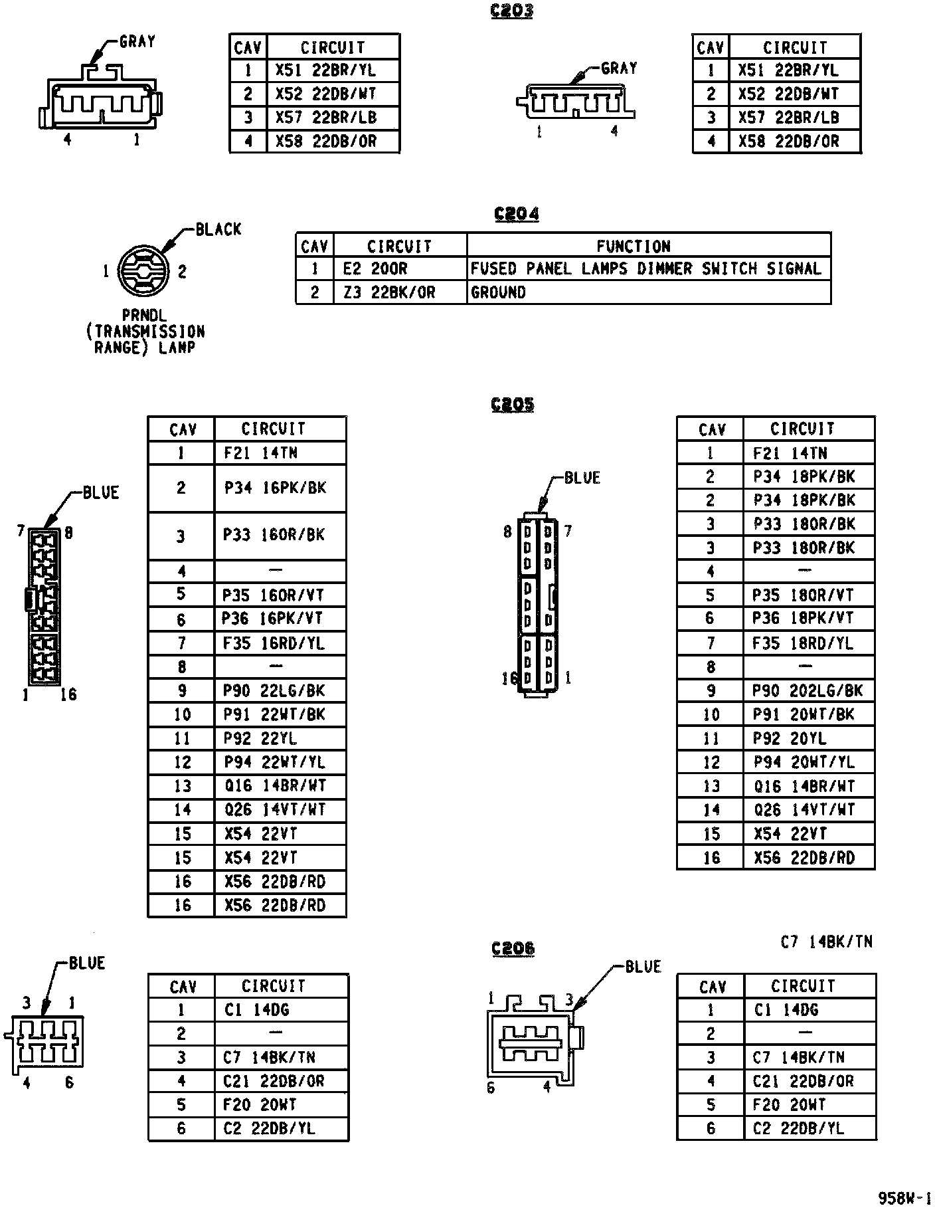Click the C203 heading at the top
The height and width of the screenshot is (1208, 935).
(x=511, y=11)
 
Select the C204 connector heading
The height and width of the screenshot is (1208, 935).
(x=516, y=214)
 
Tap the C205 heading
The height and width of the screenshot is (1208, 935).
(x=512, y=405)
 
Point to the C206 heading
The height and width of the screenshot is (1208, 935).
(x=513, y=948)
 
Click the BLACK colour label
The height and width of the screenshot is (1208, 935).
(x=218, y=230)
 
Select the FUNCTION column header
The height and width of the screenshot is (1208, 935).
(x=633, y=247)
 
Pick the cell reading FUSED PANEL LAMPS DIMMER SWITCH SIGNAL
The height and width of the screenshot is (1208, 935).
(x=645, y=269)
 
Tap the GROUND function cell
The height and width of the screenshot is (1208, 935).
(x=498, y=292)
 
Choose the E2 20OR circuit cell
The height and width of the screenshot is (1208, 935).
(x=375, y=269)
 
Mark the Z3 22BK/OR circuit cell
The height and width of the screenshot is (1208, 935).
(x=388, y=292)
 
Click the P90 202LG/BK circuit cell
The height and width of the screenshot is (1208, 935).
(x=807, y=691)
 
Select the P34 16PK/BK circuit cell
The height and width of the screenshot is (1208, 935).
(x=275, y=488)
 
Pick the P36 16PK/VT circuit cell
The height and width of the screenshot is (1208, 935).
(x=272, y=619)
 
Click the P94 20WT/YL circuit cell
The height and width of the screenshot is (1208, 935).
(x=804, y=762)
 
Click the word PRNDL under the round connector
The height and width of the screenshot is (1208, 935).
(x=144, y=316)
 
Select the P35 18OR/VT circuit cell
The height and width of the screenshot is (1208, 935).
(x=802, y=595)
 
